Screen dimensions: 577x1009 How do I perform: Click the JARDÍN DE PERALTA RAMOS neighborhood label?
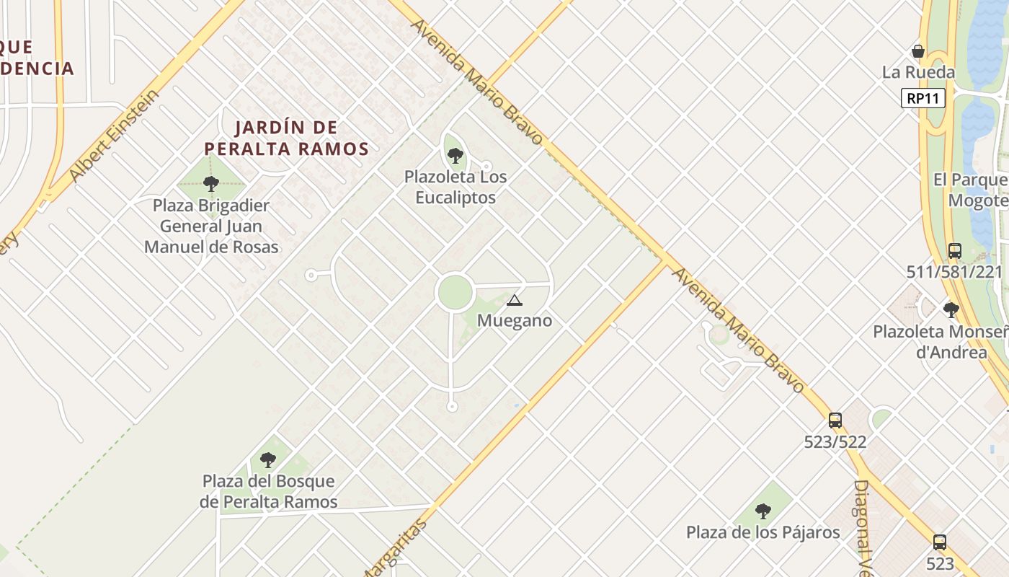286,138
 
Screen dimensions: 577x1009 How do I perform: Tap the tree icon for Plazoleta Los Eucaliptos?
455,155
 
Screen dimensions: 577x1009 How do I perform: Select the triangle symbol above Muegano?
514,300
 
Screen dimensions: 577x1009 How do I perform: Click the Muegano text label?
515,321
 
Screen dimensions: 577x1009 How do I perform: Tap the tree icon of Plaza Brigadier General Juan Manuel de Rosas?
211,184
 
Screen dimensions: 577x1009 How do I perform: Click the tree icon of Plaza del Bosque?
268,459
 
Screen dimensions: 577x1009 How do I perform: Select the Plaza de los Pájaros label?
763,533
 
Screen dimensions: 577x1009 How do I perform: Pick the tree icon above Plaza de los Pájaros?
763,511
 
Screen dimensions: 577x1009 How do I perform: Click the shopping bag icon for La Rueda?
918,51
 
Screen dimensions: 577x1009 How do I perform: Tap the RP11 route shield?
923,98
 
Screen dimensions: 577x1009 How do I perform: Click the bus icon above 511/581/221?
955,250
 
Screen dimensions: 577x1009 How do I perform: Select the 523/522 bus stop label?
835,441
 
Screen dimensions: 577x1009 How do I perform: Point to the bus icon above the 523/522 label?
835,420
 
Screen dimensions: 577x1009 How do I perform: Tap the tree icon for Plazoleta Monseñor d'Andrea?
951,310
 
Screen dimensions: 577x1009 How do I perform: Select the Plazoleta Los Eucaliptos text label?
455,187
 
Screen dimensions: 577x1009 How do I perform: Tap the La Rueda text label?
918,72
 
